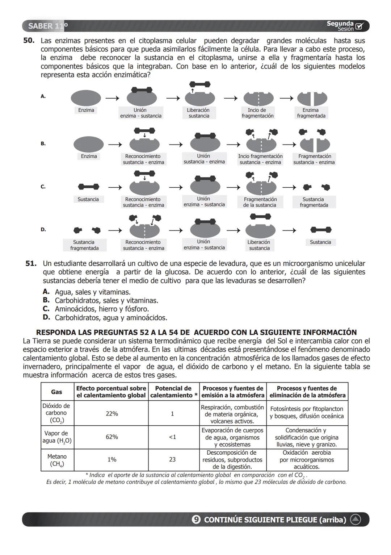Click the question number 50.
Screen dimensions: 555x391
tap(29, 41)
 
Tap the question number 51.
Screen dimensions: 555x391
tap(31, 263)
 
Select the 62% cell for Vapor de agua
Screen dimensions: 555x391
tap(112, 437)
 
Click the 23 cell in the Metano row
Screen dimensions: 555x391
tap(172, 459)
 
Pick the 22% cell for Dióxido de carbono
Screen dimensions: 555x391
tap(112, 413)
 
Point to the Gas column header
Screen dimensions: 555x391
tap(56, 392)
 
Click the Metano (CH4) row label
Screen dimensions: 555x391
tap(57, 460)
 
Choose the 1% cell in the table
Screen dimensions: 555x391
tap(112, 459)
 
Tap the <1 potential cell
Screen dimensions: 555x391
tap(172, 437)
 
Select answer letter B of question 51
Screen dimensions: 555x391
tap(46, 300)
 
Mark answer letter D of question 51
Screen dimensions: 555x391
tap(46, 317)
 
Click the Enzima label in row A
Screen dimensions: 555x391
tap(86, 110)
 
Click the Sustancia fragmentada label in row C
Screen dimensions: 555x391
tap(314, 202)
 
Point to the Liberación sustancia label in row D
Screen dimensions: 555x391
tap(259, 245)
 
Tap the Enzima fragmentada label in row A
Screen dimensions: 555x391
tap(311, 113)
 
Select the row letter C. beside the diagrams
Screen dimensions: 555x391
tap(43, 187)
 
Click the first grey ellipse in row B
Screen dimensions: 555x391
tap(88, 144)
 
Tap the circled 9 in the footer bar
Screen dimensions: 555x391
tap(196, 519)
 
